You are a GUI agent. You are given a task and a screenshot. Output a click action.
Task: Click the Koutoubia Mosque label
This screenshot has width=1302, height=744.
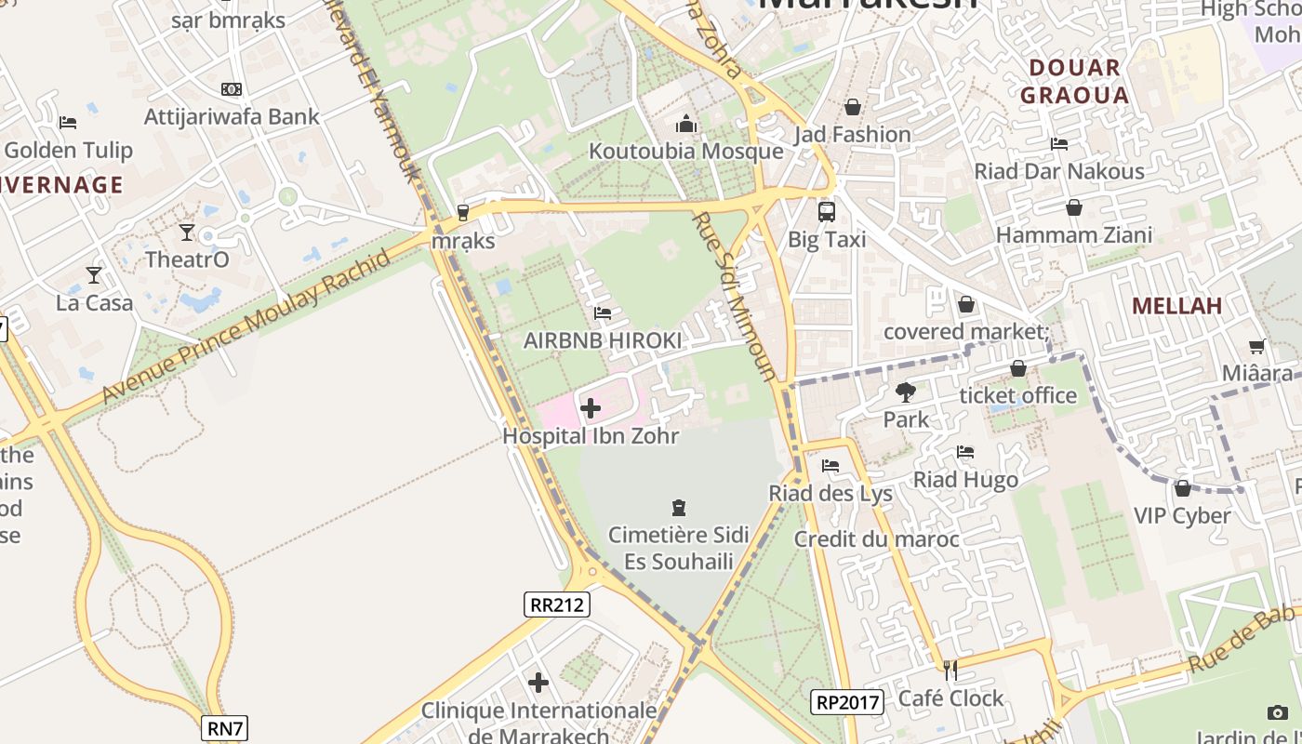(685, 151)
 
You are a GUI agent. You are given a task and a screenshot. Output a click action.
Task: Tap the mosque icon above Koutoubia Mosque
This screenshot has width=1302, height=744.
(686, 124)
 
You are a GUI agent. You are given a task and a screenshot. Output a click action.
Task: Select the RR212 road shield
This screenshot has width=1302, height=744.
(556, 604)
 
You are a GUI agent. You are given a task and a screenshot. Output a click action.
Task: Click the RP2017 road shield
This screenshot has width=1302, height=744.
(847, 702)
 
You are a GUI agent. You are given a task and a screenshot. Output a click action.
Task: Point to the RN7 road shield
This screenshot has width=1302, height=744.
(225, 728)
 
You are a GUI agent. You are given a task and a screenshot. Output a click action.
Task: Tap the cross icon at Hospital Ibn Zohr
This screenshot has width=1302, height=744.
(591, 407)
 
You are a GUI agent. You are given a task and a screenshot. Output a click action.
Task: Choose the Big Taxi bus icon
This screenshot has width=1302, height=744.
(826, 212)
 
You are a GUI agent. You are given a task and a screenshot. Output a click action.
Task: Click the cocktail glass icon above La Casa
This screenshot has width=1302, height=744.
(94, 275)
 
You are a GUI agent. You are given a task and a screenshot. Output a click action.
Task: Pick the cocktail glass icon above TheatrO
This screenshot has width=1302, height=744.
(187, 232)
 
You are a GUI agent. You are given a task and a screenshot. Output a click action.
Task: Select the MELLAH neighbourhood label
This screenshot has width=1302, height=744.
(1176, 306)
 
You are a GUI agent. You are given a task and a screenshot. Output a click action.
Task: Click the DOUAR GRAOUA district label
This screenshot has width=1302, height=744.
(1074, 81)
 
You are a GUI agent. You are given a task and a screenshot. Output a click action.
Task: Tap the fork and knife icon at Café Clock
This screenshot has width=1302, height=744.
(950, 670)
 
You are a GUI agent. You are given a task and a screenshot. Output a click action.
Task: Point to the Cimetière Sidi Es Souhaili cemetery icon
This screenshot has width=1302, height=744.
(679, 508)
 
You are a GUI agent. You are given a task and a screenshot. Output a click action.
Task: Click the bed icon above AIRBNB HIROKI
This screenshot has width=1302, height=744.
(603, 313)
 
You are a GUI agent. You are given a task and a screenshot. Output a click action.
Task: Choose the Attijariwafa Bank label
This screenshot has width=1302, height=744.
(232, 116)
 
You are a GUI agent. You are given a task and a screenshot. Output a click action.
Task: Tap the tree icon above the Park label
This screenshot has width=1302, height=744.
(906, 392)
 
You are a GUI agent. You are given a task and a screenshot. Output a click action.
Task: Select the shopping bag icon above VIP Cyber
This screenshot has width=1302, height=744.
(1182, 488)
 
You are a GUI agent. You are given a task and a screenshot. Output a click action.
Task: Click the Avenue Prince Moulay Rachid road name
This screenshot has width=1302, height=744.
(246, 327)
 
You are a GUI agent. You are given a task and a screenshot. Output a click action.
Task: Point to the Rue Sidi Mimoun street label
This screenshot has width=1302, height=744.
(736, 296)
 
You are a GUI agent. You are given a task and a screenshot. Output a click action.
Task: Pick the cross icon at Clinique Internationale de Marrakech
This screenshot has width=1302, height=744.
(538, 683)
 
